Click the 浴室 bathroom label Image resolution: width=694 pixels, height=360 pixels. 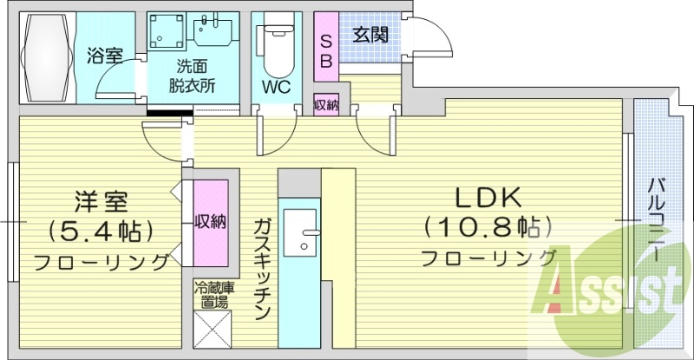(103, 56)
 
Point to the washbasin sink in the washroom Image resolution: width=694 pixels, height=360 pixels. (212, 33)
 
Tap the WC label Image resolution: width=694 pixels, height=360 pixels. (276, 87)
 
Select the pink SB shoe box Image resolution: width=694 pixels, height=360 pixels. (325, 50)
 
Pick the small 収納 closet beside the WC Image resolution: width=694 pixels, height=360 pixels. (326, 105)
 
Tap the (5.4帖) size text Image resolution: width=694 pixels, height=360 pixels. (101, 231)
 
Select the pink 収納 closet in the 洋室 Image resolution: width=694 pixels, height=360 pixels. (210, 221)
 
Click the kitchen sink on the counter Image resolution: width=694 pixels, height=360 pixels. (300, 232)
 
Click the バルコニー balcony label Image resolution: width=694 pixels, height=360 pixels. (657, 221)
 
